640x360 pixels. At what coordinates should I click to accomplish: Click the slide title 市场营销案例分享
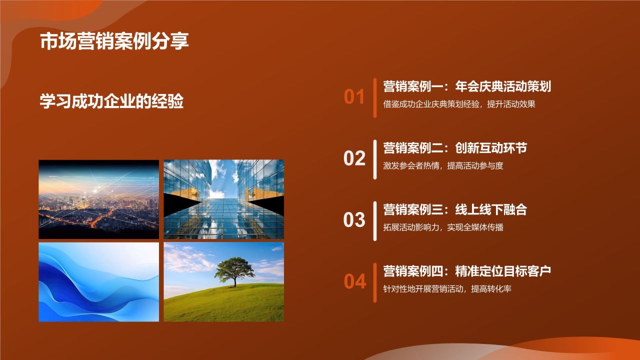(x=114, y=41)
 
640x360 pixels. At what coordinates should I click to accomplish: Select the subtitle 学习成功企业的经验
(x=111, y=101)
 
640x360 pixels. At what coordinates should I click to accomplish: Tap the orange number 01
(x=354, y=97)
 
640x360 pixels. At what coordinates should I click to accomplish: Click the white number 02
(x=354, y=158)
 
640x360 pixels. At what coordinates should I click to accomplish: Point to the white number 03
(x=354, y=220)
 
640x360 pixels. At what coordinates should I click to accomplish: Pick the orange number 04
(x=354, y=281)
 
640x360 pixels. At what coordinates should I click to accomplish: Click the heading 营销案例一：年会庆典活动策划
(x=466, y=86)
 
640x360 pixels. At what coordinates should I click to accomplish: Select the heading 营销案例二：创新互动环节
(x=454, y=148)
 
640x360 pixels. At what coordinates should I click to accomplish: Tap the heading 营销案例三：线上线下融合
(x=454, y=209)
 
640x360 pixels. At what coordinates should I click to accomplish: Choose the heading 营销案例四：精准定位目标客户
(x=466, y=271)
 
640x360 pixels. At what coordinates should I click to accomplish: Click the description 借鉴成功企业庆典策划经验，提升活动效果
(x=459, y=104)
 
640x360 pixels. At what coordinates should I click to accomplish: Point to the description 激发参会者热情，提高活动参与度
(x=443, y=166)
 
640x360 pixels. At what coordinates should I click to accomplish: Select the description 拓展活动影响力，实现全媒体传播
(x=443, y=227)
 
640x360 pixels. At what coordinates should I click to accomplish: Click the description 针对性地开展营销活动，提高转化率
(x=447, y=289)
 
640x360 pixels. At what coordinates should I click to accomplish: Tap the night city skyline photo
(x=98, y=199)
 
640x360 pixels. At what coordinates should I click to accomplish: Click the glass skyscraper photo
(x=223, y=199)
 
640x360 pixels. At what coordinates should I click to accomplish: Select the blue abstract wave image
(x=98, y=282)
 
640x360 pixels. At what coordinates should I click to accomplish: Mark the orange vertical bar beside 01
(x=374, y=97)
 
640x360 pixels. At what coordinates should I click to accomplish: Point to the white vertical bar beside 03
(x=374, y=220)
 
